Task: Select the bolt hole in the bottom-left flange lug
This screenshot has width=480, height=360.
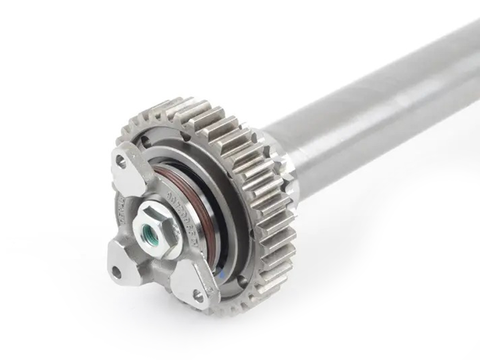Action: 116,272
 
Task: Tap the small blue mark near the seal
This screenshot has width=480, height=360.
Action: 221,274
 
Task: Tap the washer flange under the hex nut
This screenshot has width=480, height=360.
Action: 168,240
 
